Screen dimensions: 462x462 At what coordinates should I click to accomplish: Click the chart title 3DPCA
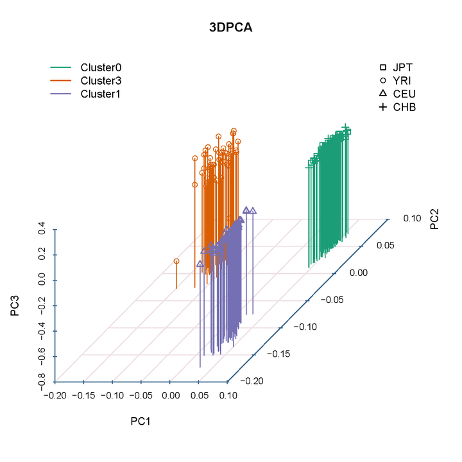pos(230,27)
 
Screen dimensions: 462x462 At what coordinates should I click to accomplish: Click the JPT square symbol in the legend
pos(383,67)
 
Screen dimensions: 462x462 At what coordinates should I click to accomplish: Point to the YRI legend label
pos(402,80)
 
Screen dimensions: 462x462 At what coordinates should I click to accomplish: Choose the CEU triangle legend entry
pos(383,94)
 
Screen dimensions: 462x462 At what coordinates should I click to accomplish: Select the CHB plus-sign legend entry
pos(383,107)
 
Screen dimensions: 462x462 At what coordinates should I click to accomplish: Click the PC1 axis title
pos(141,422)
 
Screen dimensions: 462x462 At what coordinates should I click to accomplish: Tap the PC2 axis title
pos(434,219)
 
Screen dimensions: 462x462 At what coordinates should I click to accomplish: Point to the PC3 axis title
pos(15,305)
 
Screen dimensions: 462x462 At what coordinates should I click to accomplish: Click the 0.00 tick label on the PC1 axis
pos(171,395)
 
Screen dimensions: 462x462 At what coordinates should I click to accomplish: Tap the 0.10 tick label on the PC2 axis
pos(412,218)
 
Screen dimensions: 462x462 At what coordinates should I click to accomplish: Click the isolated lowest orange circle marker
pos(176,261)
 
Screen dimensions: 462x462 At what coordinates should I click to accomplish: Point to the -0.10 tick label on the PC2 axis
pos(305,327)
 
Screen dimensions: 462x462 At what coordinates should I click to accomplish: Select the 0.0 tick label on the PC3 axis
pos(42,280)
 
